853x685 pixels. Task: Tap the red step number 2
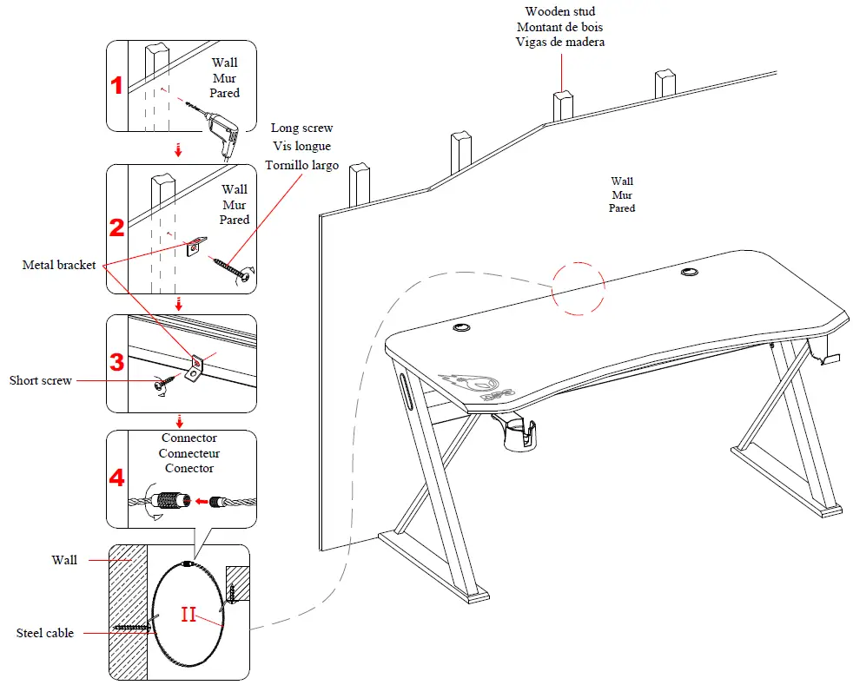pyautogui.click(x=116, y=228)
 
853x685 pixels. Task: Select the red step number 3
pyautogui.click(x=116, y=362)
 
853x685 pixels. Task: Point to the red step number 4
pyautogui.click(x=116, y=478)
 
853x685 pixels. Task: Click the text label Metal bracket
pyautogui.click(x=59, y=265)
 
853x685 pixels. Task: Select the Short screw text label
pyautogui.click(x=41, y=380)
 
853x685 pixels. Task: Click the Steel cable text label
pyautogui.click(x=45, y=633)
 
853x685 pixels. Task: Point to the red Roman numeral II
pyautogui.click(x=189, y=615)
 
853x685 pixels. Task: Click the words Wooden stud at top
pyautogui.click(x=560, y=11)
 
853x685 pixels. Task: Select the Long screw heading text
pyautogui.click(x=301, y=128)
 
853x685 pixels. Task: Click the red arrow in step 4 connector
pyautogui.click(x=204, y=501)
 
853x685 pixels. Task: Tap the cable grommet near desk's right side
pyautogui.click(x=690, y=272)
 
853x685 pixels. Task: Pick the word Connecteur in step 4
pyautogui.click(x=189, y=453)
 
